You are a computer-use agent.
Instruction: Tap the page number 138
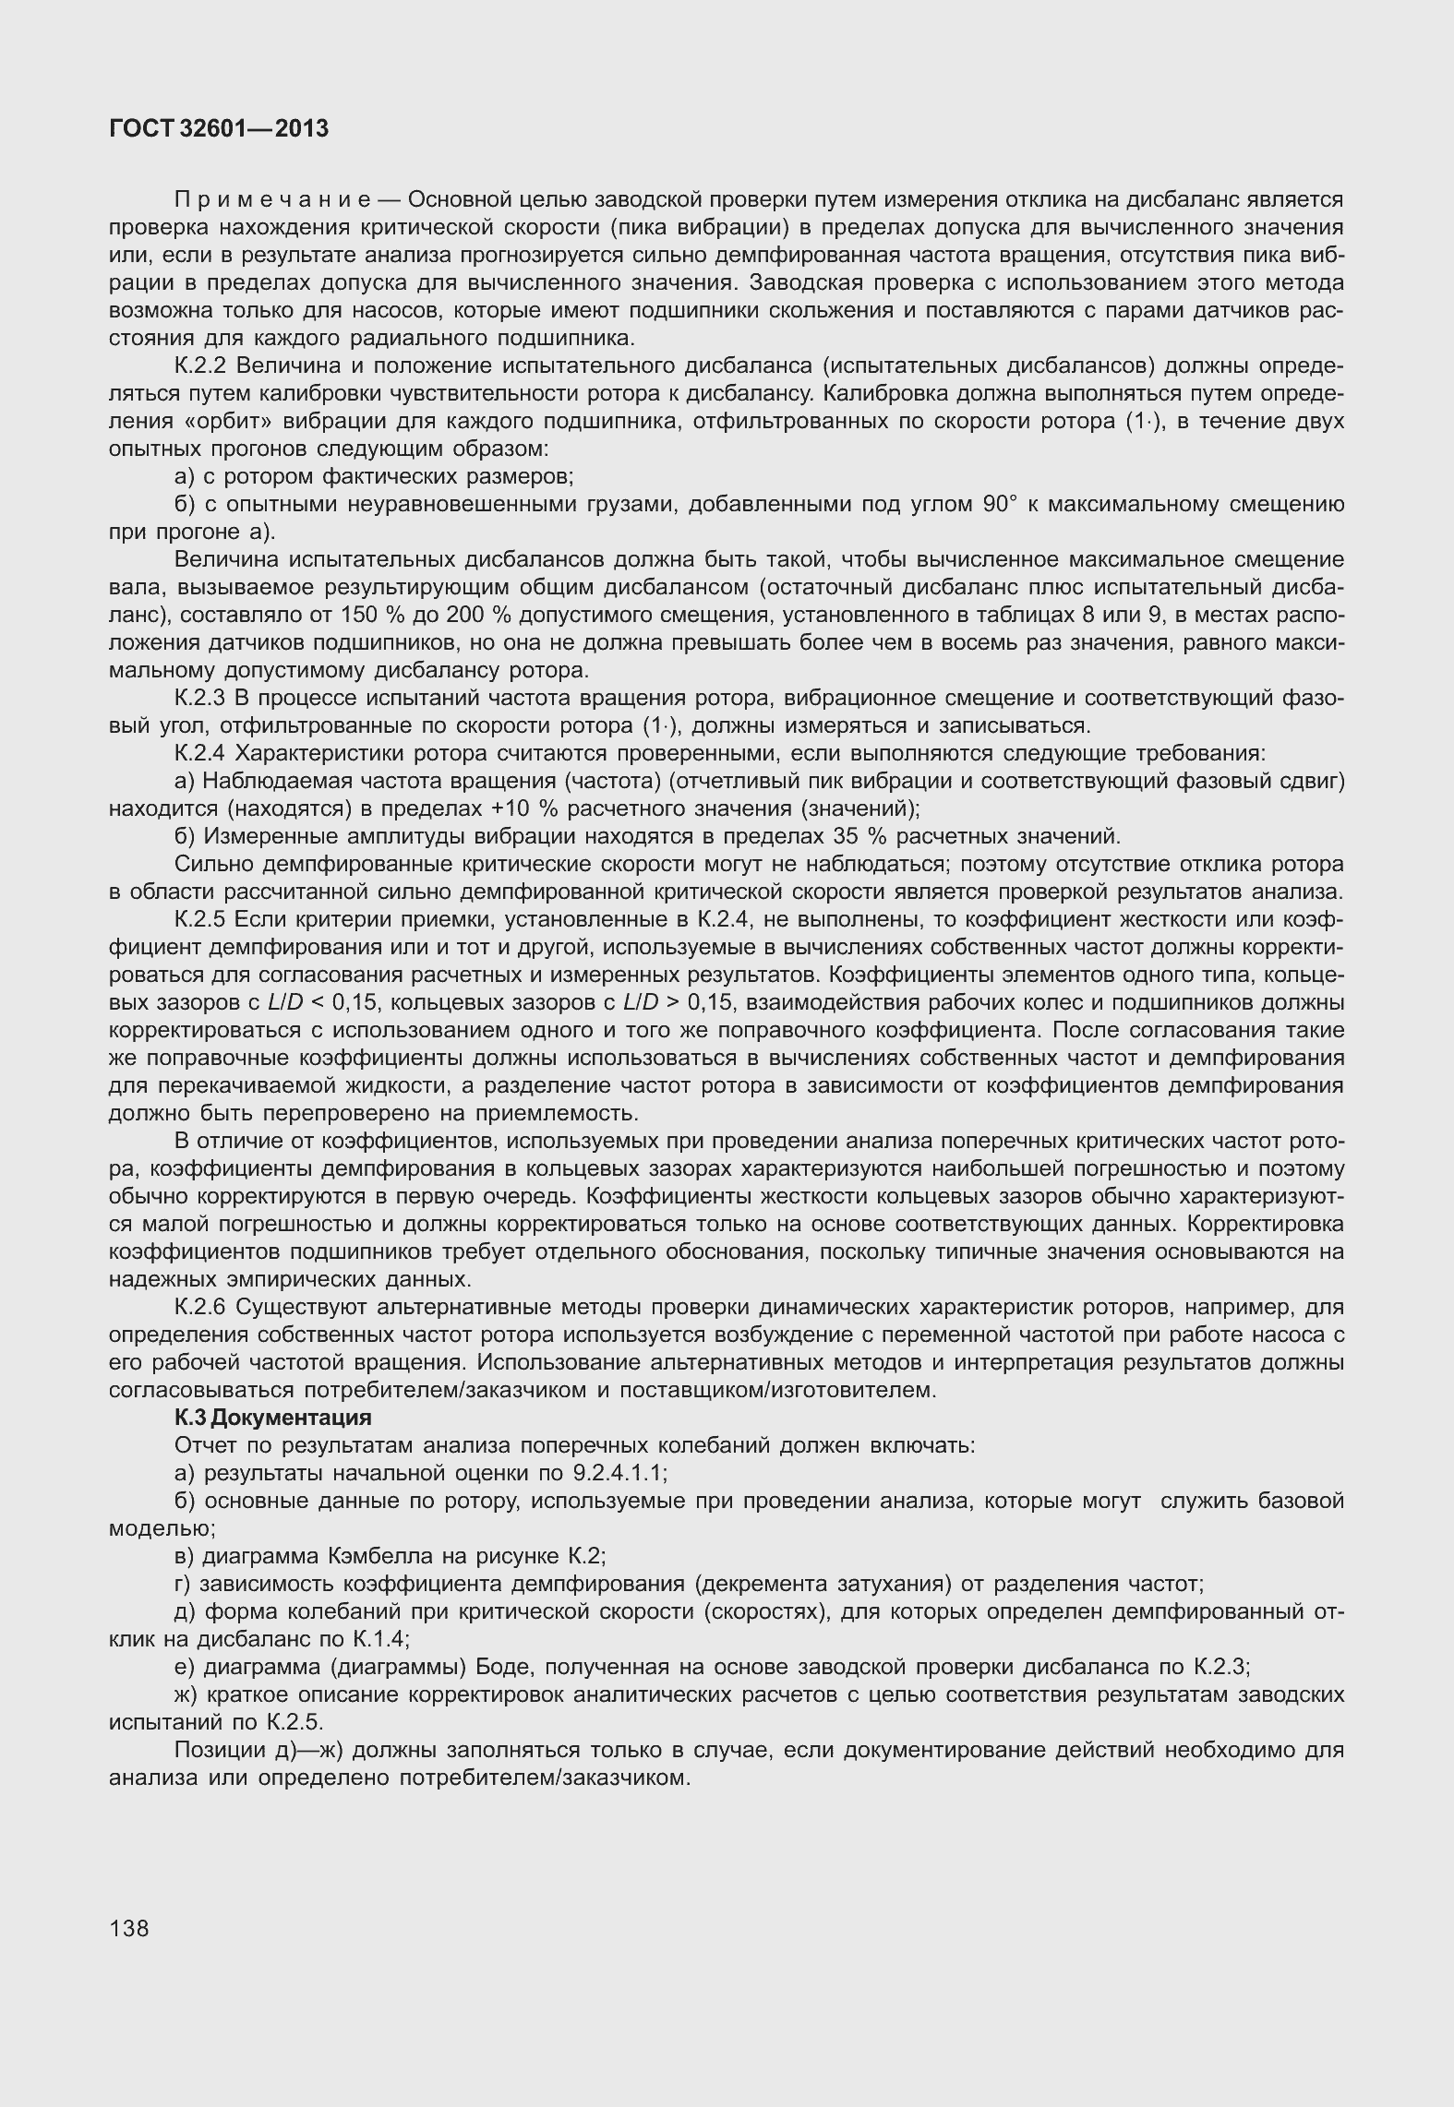[x=128, y=1927]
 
